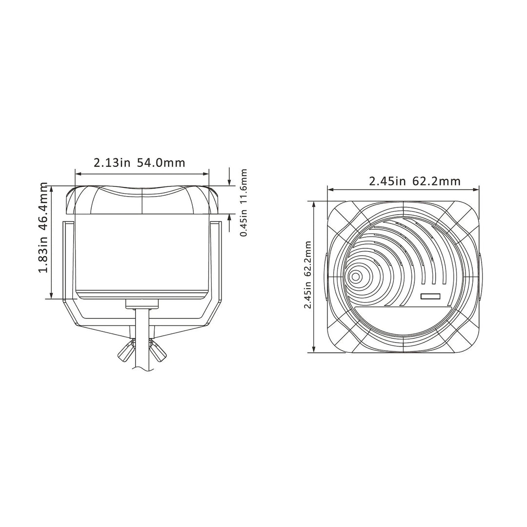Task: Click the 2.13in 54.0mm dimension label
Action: [139, 162]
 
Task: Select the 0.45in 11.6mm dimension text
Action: [244, 203]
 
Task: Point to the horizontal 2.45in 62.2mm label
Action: [414, 182]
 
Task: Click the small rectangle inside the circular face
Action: [430, 296]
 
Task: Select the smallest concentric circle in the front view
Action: [355, 277]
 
